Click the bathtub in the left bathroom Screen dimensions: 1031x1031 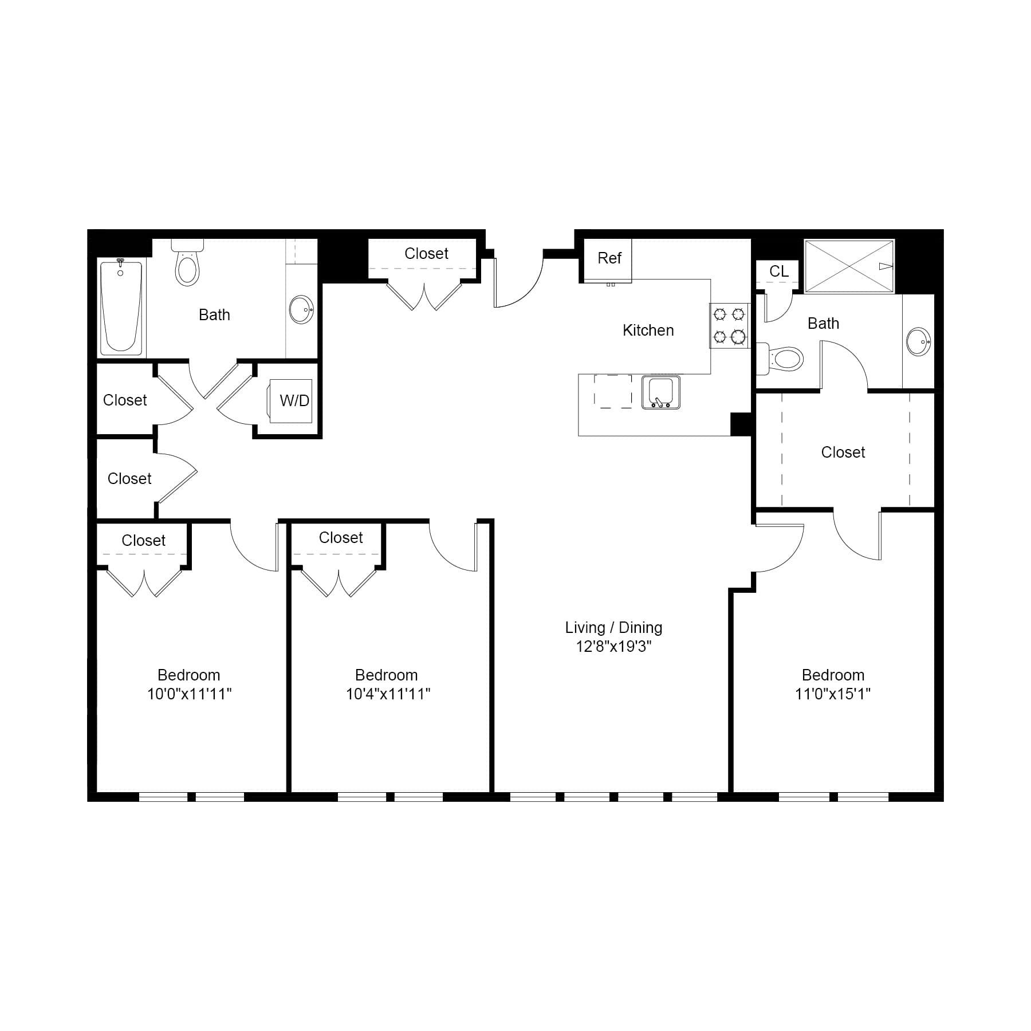[121, 307]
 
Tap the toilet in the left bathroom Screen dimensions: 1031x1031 [187, 265]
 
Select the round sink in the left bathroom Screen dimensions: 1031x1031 [301, 310]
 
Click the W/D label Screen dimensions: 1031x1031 [294, 401]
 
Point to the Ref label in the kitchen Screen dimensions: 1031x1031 [609, 258]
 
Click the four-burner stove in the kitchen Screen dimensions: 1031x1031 [729, 325]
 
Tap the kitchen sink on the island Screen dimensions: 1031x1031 [661, 392]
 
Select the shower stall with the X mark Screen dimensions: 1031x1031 [849, 266]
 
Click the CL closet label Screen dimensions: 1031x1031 [778, 271]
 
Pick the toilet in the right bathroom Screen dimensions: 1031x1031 [784, 359]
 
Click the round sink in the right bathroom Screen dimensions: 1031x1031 [918, 342]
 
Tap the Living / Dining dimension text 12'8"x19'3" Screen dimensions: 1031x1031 [613, 647]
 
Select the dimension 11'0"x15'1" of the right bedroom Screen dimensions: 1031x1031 [832, 694]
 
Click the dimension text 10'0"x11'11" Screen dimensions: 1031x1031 [189, 694]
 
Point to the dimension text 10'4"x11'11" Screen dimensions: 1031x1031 [388, 694]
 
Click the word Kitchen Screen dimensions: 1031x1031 [648, 330]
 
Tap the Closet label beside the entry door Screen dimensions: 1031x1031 [426, 254]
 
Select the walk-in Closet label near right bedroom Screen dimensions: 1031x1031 [843, 452]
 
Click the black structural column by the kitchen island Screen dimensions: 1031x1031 [740, 424]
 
